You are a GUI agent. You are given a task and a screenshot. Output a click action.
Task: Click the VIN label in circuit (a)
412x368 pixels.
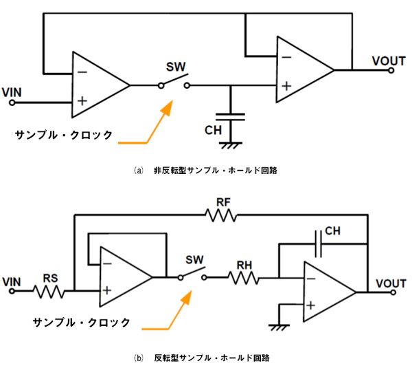[x=14, y=91]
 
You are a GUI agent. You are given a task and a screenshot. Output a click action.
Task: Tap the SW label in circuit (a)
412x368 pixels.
[x=175, y=68]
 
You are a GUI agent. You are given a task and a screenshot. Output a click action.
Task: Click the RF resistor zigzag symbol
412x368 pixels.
[x=220, y=215]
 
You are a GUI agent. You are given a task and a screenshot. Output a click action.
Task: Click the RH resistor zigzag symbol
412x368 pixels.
[x=244, y=278]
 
